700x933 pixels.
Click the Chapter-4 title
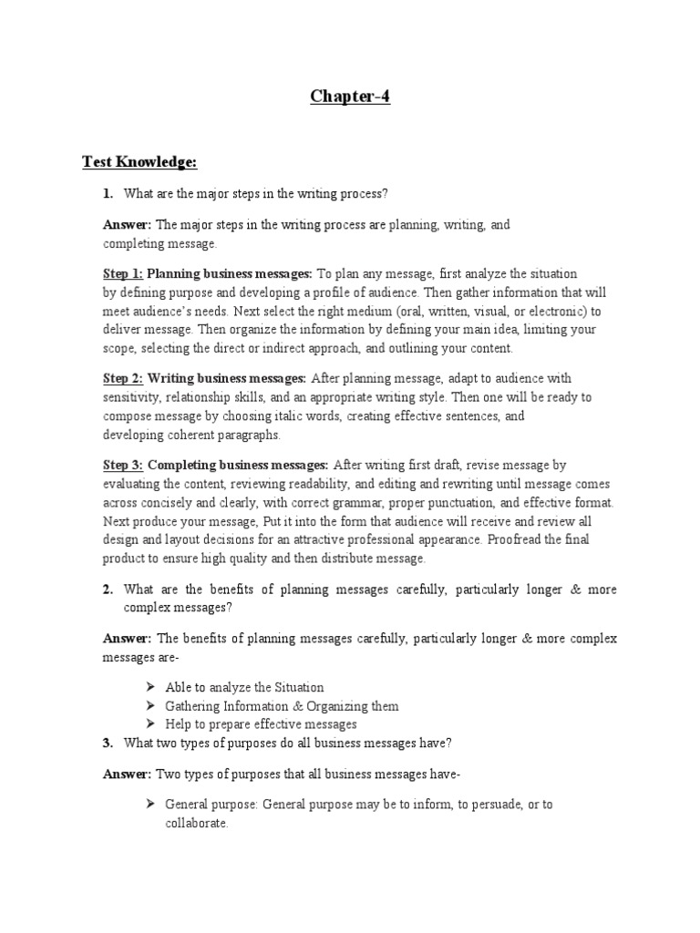coord(350,97)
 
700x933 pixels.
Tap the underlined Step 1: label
coord(121,273)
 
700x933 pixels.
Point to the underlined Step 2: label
coord(121,378)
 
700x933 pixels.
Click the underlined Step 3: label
coord(121,465)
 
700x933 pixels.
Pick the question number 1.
coord(107,193)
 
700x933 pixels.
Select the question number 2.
coord(107,590)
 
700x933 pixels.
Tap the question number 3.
coord(107,743)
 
